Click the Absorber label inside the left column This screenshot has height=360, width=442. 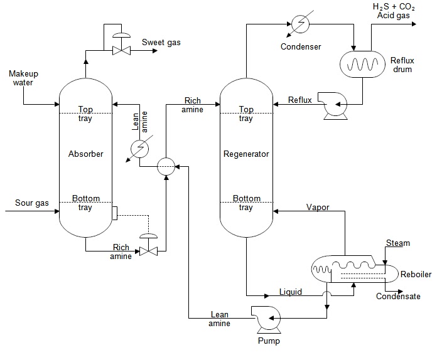coord(85,154)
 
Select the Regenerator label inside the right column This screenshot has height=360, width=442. coord(246,154)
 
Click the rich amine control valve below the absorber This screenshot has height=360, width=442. coord(149,250)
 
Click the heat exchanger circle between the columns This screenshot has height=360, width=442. coord(166,167)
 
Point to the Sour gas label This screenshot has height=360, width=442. coord(31,203)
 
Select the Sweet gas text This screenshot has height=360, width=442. coord(161,43)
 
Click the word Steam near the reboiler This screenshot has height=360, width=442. coord(397,243)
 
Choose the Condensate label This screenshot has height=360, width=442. coord(398,296)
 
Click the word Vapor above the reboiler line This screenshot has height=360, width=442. coord(317,207)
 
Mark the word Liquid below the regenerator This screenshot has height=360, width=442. coord(291,292)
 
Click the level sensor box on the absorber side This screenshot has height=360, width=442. coord(114,212)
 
